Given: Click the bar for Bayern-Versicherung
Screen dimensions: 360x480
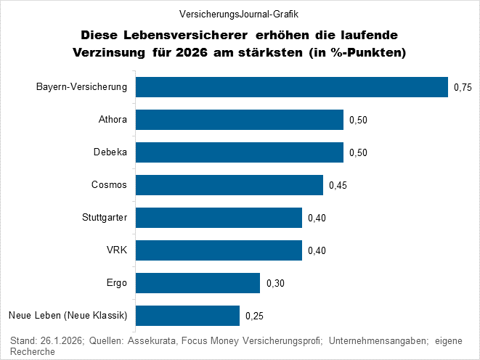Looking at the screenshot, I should coord(292,87).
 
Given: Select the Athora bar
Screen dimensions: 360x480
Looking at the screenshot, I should coord(240,120).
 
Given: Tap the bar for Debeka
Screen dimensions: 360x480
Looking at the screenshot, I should coord(240,152).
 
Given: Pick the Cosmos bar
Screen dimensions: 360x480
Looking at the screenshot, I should coord(229,185).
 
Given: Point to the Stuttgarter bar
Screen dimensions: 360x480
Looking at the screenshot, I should coord(219,218).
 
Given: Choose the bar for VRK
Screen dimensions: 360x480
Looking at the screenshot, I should coord(219,250).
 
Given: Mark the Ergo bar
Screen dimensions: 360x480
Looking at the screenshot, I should coord(198,283).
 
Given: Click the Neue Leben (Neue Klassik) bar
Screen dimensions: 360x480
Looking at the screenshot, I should coord(188,316).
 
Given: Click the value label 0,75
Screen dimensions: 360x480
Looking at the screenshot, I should coord(463,88).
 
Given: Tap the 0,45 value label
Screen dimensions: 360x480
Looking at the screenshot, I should coord(338,186).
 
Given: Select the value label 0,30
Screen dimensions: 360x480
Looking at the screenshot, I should coord(275,284).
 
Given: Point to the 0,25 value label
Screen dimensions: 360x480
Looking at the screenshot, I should coord(255,316).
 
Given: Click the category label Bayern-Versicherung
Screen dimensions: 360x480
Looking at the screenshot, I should coord(82,87).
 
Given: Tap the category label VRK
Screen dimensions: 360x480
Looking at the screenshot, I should coord(117,250).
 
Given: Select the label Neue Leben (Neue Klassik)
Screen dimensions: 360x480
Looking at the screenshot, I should coord(68,316).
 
